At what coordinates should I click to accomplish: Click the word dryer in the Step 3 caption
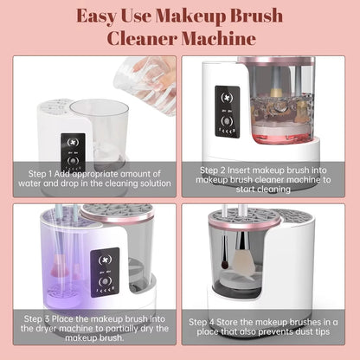coord(53,331)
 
